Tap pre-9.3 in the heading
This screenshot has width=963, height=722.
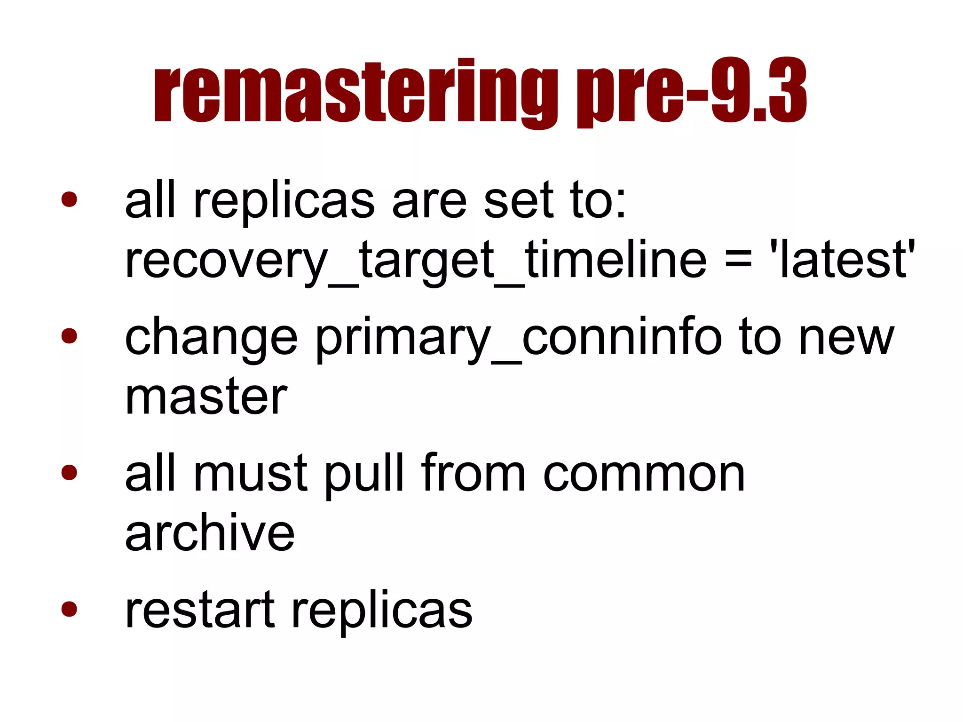click(692, 92)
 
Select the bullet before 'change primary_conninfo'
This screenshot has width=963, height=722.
click(69, 335)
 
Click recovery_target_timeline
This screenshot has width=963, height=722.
click(416, 260)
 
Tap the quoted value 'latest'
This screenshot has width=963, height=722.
click(841, 260)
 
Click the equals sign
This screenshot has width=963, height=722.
click(737, 260)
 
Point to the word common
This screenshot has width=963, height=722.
click(644, 474)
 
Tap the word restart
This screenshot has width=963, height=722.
click(200, 610)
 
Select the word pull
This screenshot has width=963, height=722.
click(364, 474)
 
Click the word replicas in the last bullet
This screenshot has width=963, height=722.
click(382, 610)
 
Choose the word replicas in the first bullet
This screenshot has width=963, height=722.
click(284, 201)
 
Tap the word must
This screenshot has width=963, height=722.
click(251, 474)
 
